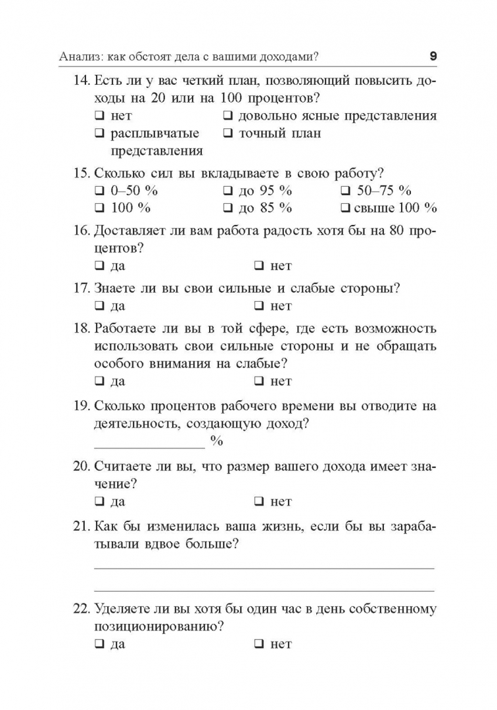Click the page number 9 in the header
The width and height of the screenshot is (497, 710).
click(433, 57)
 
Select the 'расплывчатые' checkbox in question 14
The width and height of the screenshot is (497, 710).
click(99, 133)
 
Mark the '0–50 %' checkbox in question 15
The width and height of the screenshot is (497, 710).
click(99, 191)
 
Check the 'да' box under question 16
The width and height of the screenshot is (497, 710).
click(99, 266)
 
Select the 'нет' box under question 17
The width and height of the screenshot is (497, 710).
click(259, 306)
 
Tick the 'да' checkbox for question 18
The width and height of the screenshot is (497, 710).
click(99, 381)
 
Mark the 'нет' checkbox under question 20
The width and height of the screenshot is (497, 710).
click(259, 502)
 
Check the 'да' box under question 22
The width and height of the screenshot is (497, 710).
click(99, 644)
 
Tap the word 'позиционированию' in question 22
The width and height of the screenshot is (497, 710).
click(154, 627)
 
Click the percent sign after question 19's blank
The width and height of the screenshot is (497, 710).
click(217, 441)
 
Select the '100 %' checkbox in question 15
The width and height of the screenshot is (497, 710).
click(99, 208)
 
